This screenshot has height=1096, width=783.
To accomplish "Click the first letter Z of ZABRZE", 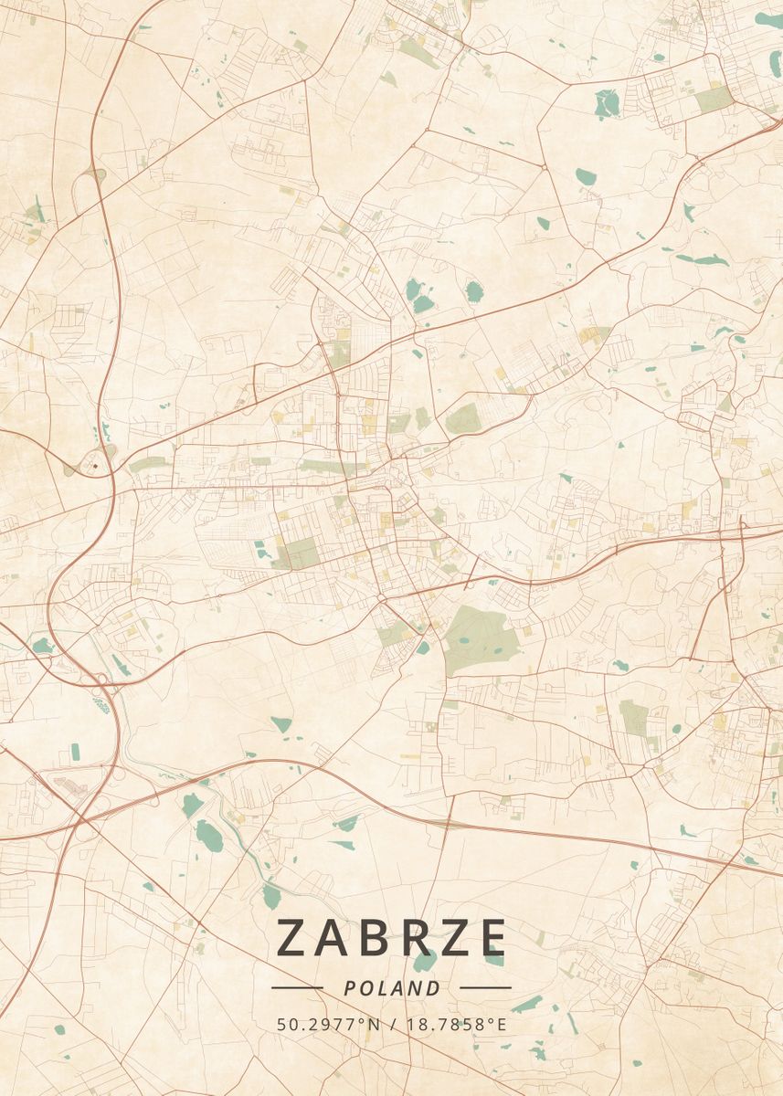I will (293, 938).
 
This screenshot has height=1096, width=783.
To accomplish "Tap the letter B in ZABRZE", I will (381, 938).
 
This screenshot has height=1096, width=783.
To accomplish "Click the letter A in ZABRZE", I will (337, 938).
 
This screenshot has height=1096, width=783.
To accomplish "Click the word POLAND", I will (392, 988).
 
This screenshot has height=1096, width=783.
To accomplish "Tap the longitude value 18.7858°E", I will (454, 1025).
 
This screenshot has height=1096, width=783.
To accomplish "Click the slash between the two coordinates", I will (391, 1025).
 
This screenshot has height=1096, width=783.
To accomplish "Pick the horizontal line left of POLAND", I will (298, 988).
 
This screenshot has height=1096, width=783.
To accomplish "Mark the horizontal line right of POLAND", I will (485, 988).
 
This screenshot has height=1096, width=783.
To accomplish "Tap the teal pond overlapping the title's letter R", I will (424, 962).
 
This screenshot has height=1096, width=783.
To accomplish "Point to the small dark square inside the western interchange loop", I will (94, 465).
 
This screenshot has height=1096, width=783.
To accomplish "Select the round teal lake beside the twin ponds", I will (473, 291).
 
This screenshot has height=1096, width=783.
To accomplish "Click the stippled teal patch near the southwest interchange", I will (101, 704).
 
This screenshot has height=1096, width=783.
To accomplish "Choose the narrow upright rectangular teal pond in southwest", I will (75, 752).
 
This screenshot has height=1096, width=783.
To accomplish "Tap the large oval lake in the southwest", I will (208, 836).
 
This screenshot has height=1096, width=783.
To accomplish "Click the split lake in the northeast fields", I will (605, 103).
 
